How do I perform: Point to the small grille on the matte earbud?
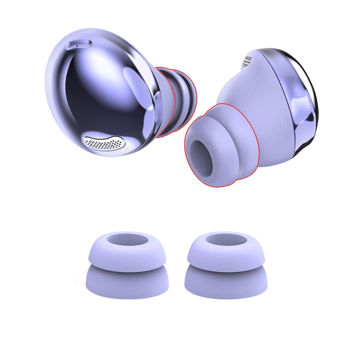point(248,61)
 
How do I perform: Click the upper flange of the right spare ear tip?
point(226,254)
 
